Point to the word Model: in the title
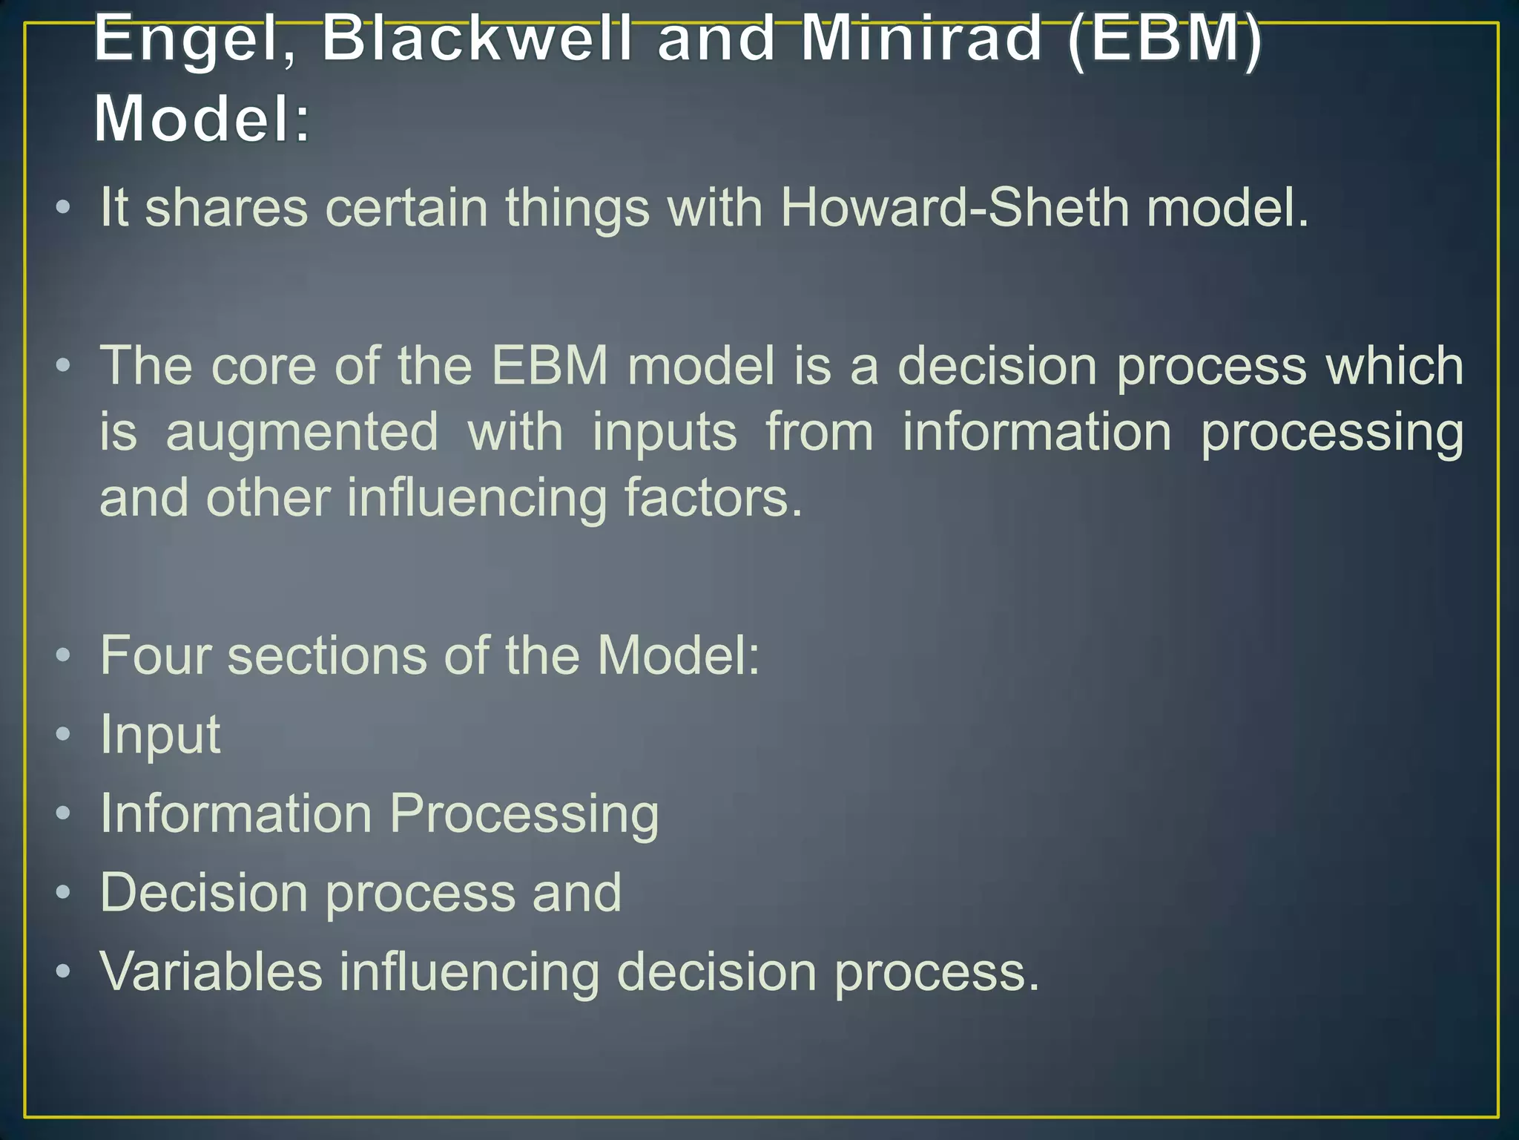(202, 119)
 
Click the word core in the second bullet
(263, 366)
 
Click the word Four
(154, 655)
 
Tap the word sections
(327, 655)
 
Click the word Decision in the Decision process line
(204, 893)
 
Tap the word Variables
(211, 972)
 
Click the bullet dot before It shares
(63, 208)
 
